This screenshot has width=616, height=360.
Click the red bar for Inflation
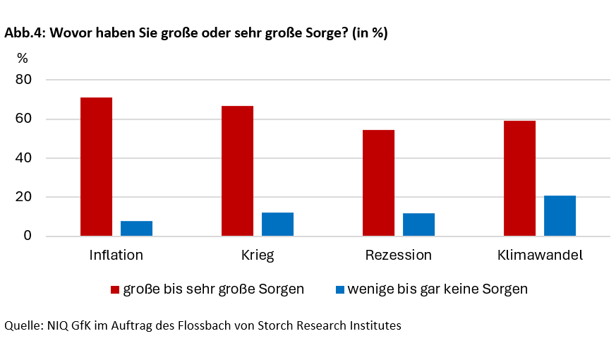tap(96, 167)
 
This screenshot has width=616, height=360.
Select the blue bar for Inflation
tap(136, 228)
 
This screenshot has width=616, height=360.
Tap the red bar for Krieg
tap(237, 171)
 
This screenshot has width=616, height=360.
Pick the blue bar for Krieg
tap(277, 224)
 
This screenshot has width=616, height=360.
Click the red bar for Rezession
tap(378, 183)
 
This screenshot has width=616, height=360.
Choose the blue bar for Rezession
tap(418, 224)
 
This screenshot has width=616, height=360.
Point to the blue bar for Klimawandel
tap(560, 215)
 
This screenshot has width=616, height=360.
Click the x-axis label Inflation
tap(116, 255)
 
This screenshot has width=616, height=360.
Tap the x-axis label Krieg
tap(257, 255)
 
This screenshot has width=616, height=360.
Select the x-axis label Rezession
tap(398, 255)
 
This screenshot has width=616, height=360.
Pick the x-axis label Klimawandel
tap(539, 255)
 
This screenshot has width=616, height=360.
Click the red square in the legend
tap(116, 289)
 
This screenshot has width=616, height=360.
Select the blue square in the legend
tap(339, 289)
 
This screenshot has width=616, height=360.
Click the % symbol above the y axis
tap(23, 58)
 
